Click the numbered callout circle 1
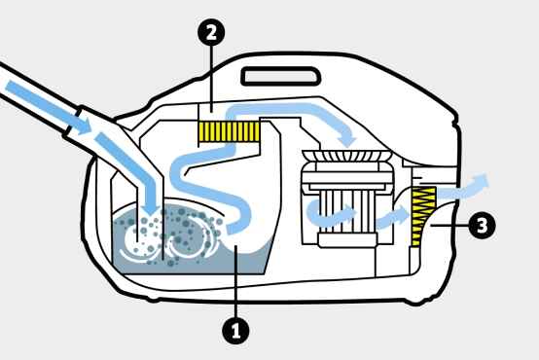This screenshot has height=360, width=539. click(x=235, y=331)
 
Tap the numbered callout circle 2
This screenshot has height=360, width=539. click(x=211, y=33)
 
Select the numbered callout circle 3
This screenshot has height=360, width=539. click(x=482, y=226)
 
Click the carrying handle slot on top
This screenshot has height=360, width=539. click(x=281, y=76)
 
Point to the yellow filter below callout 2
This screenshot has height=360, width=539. click(x=230, y=131)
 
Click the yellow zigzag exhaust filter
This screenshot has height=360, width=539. click(x=423, y=217)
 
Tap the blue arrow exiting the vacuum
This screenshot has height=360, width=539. click(x=462, y=189)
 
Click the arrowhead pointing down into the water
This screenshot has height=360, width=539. click(x=151, y=207)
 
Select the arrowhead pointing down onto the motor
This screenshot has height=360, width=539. click(x=348, y=140)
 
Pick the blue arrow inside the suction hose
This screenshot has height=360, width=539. click(x=48, y=107)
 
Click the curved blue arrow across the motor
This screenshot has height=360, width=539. click(x=330, y=213)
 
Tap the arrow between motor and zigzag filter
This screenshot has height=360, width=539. click(x=393, y=218)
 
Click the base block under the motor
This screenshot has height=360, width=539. click(x=347, y=240)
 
